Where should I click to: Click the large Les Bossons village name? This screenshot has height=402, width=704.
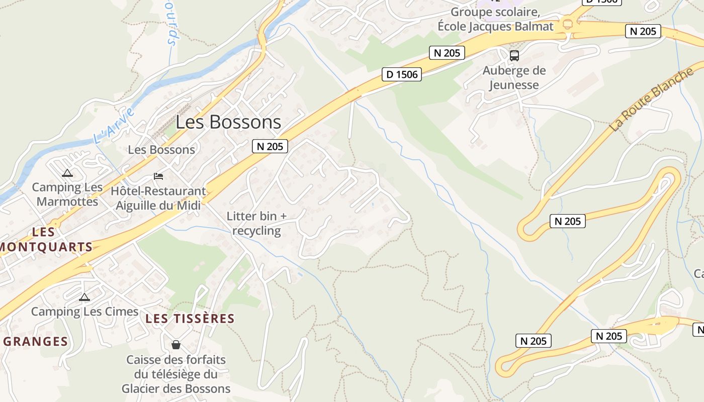tap(228, 122)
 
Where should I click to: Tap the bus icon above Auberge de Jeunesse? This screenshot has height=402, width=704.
tap(514, 56)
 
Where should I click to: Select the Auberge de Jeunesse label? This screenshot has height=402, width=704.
tap(514, 78)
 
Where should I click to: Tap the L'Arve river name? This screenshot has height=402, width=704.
tap(114, 126)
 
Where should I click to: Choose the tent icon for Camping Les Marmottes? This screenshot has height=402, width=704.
tap(67, 173)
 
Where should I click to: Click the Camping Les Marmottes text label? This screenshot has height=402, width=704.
tap(67, 194)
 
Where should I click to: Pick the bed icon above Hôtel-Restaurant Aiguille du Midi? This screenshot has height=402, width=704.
tap(158, 176)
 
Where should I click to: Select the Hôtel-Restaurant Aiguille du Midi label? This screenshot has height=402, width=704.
tap(158, 198)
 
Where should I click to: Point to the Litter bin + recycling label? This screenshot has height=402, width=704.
tap(256, 223)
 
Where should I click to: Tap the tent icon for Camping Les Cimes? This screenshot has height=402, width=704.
tap(84, 297)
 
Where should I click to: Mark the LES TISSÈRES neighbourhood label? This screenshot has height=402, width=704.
tap(190, 319)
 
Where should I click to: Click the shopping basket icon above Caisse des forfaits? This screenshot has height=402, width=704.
tap(176, 345)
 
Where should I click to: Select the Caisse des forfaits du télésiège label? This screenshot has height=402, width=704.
tap(176, 374)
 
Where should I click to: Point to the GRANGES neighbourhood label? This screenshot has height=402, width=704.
tap(35, 342)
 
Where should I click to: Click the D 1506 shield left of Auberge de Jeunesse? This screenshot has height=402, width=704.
tap(401, 74)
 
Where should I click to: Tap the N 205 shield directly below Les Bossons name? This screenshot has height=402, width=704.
tap(270, 146)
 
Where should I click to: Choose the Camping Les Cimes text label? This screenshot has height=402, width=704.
tap(84, 312)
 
